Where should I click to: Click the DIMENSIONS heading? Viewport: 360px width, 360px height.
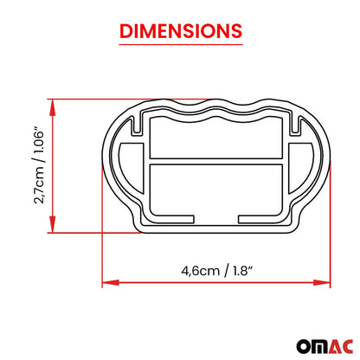(180, 31)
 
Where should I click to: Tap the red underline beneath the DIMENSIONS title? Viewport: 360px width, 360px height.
(180, 46)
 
